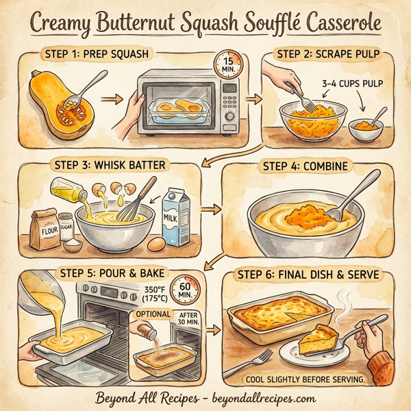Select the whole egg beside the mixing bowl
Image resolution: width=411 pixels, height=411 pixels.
click(x=156, y=242)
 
